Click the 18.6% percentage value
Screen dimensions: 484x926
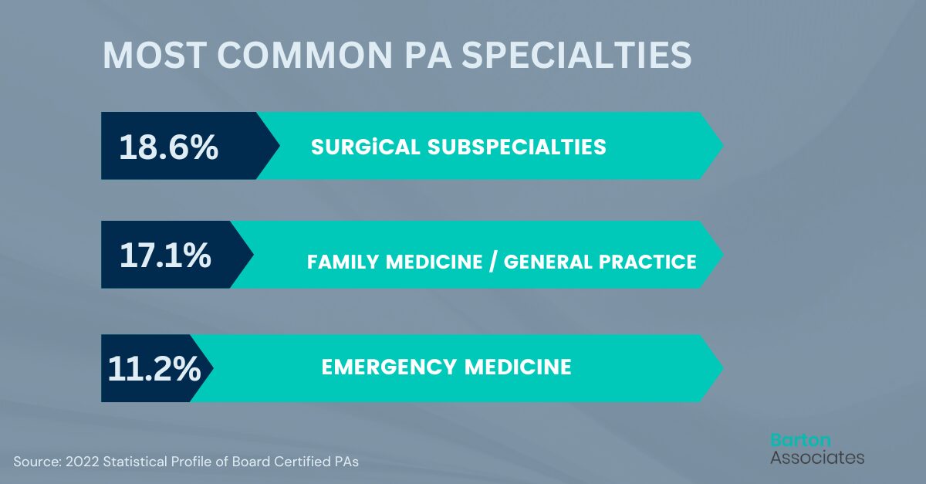click(x=169, y=147)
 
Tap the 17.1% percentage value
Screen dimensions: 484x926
click(x=165, y=256)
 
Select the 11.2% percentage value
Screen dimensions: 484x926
click(x=154, y=369)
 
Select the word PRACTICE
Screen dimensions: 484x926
click(x=653, y=262)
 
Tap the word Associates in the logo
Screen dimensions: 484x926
click(x=817, y=457)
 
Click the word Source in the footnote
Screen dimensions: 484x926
click(x=36, y=461)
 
